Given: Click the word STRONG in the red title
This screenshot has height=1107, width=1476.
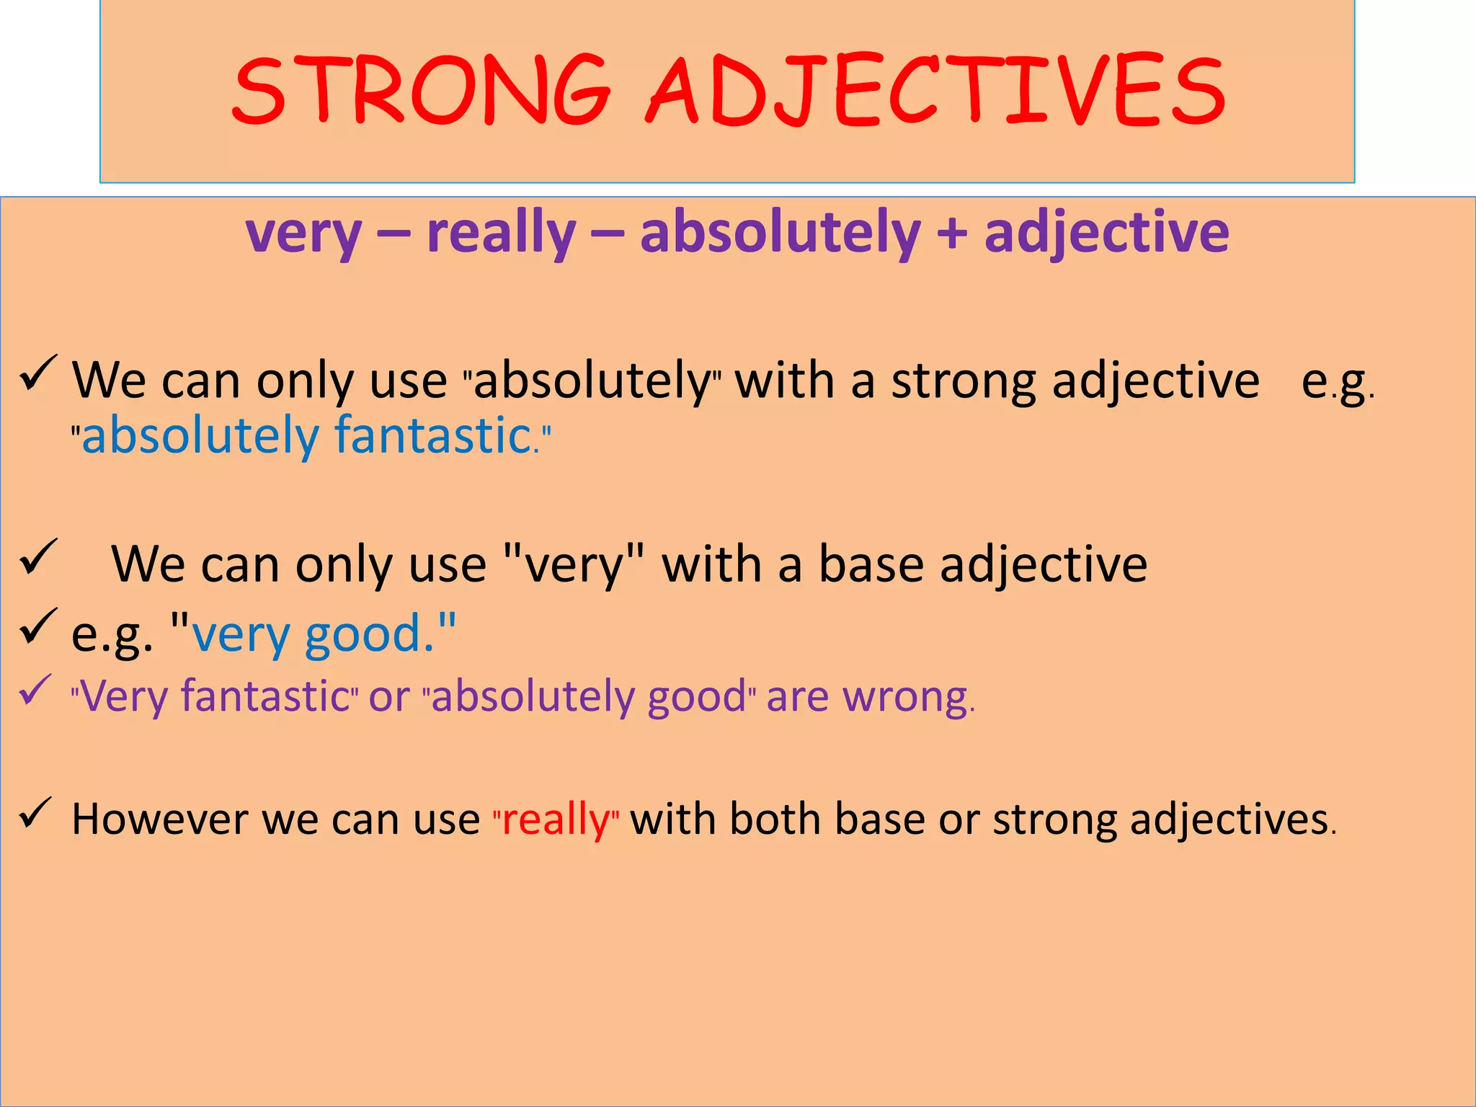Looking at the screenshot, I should tap(422, 90).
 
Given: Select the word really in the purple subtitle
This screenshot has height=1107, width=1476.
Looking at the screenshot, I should tap(501, 234).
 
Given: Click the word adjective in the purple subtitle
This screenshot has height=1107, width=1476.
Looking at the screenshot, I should tap(1106, 234).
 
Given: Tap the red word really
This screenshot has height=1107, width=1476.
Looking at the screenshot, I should tap(556, 820).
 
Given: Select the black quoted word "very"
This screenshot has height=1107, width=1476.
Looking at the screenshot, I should tap(573, 564).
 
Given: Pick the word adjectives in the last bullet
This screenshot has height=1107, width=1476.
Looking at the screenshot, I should tap(1229, 819).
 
